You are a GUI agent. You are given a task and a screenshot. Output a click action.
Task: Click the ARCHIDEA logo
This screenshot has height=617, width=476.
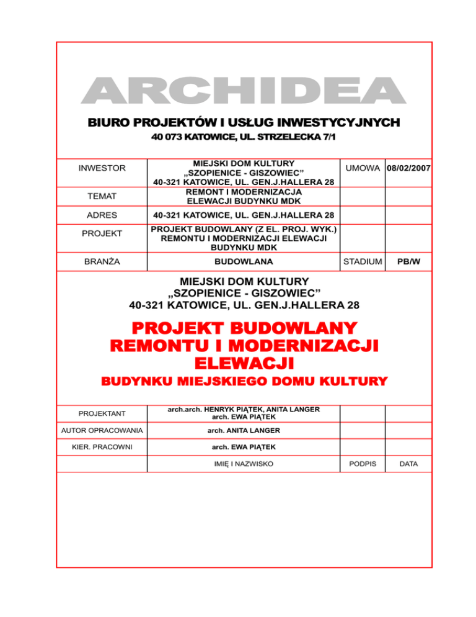coord(242,91)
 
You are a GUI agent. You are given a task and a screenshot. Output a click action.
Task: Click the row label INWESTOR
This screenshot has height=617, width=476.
coord(102,168)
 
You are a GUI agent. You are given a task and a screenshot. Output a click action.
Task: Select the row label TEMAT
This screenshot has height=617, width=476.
coord(102,197)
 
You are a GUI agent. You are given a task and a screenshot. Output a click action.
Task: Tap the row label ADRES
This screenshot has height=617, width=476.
coord(102,215)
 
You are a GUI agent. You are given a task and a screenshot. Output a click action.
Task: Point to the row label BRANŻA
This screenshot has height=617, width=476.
coord(102,262)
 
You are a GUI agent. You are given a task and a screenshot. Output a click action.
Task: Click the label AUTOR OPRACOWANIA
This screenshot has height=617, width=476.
coord(102,430)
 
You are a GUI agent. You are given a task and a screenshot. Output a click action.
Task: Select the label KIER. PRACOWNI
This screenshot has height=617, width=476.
coord(102,447)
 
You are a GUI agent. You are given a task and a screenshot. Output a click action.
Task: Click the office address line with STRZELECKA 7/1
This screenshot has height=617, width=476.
coord(242,136)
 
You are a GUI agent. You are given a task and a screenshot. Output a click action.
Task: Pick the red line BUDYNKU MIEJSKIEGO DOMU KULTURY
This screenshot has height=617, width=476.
coord(242,381)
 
